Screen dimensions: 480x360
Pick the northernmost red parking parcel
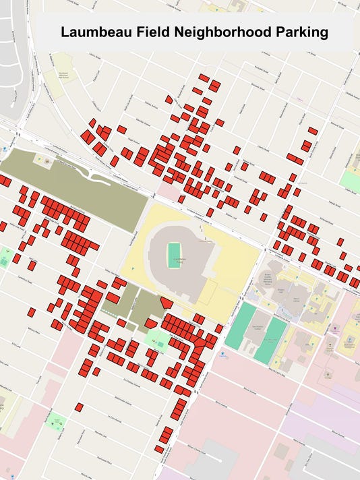coord(204,78)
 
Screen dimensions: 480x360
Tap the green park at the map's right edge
coord(351,180)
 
